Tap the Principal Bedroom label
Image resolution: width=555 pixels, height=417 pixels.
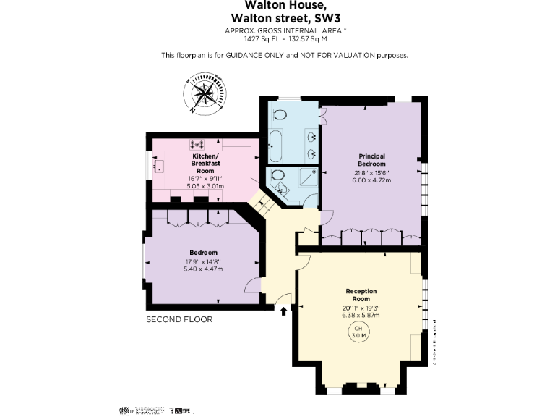coord(371,160)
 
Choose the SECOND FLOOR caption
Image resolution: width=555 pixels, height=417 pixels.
coord(179,319)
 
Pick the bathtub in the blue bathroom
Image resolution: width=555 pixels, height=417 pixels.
coord(275,147)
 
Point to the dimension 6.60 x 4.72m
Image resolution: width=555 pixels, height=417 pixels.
coord(371,180)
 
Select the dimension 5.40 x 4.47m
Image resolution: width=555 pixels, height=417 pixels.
coord(204,269)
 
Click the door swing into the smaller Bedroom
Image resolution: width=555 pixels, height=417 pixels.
coord(251,285)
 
